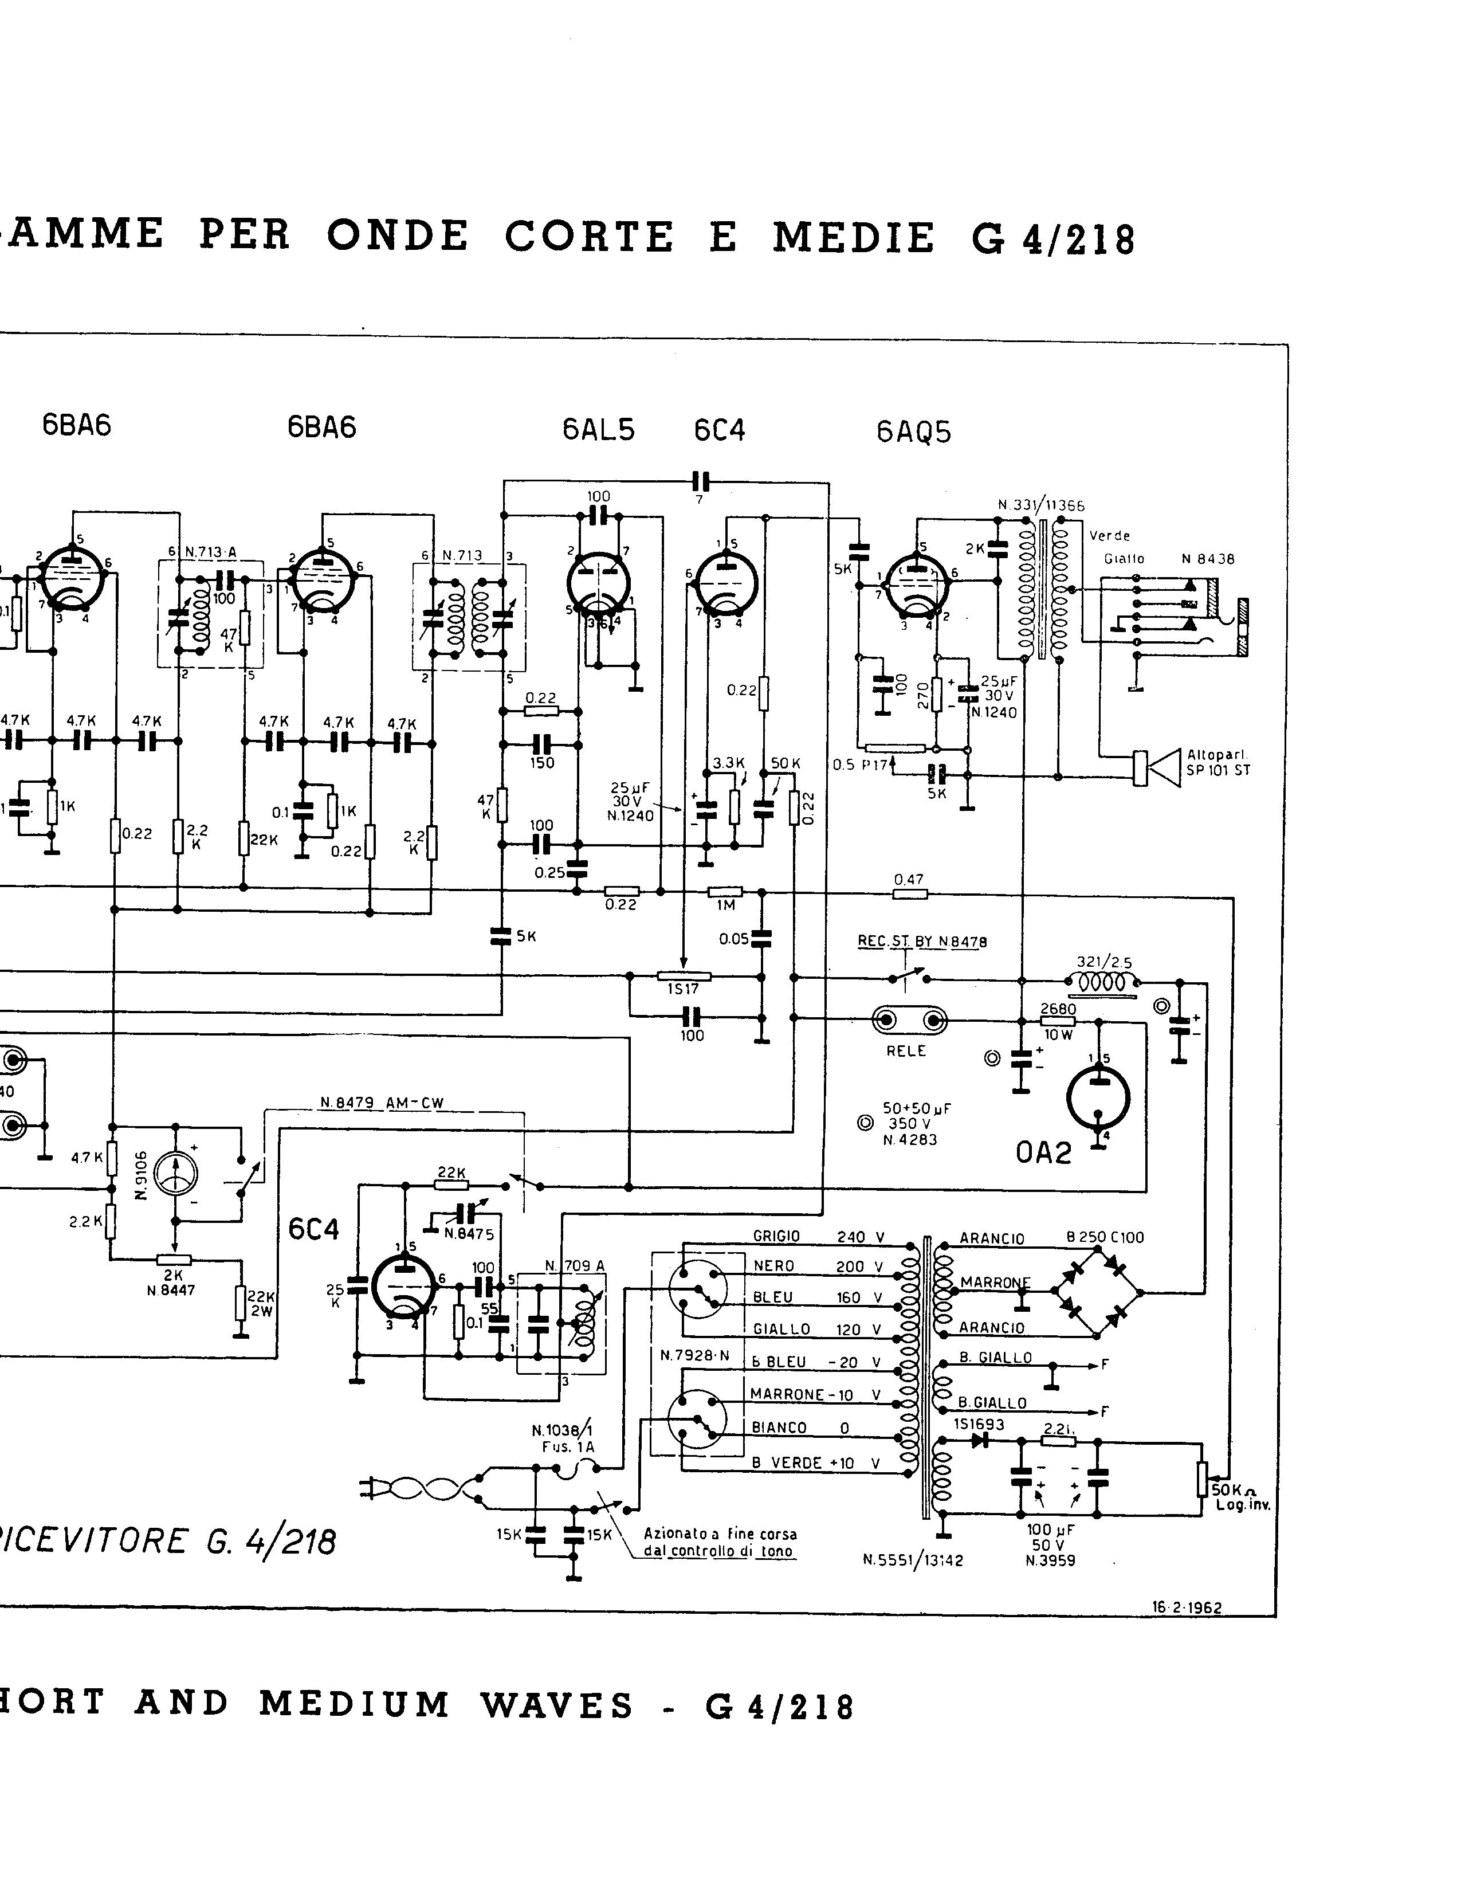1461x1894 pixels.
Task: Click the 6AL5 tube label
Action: coord(598,430)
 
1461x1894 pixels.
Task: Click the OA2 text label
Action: coord(1044,1152)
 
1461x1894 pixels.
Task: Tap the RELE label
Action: coord(906,1050)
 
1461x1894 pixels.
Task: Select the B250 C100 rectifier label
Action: coord(1105,1237)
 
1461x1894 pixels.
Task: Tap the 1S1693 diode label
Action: coord(979,1425)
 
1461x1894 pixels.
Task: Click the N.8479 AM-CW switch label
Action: coord(382,1103)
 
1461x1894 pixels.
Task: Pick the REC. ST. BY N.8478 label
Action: coord(922,942)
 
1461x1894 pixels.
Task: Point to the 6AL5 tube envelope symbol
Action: coord(598,583)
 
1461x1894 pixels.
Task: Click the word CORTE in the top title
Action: coord(589,236)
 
